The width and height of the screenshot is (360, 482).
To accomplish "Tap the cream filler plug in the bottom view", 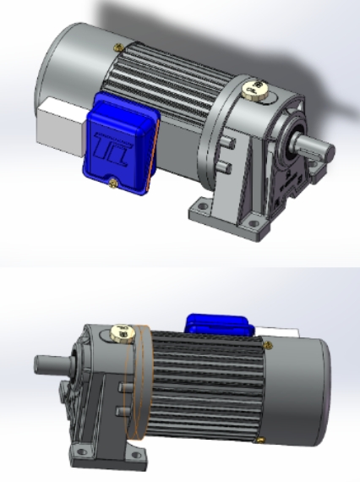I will (119, 332).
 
